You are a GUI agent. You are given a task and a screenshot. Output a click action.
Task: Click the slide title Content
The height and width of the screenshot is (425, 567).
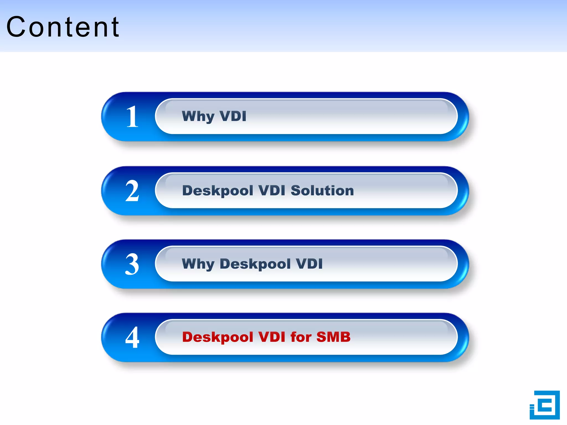pos(63,27)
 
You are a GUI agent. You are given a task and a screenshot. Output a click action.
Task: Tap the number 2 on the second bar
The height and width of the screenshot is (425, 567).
pos(132,191)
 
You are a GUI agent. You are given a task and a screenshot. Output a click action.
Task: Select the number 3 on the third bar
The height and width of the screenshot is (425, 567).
pos(132,264)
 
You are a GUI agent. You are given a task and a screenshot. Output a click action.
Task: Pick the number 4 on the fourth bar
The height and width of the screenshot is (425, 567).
pos(132,337)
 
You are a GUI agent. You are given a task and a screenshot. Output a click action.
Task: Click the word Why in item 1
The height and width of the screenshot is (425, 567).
pos(198,116)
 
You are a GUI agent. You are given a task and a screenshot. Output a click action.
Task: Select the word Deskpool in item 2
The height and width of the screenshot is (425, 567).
pos(218,191)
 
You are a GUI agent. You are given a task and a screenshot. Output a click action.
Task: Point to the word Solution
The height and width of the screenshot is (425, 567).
pos(322,191)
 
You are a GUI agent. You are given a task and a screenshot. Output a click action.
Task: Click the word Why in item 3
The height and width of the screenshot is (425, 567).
pos(198,264)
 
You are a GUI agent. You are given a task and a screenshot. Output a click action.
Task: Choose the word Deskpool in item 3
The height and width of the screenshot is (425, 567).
pos(255,264)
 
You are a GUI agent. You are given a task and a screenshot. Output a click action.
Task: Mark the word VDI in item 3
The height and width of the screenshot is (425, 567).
pos(309,264)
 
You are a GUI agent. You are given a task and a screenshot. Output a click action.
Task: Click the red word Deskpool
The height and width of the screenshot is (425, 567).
pos(218,337)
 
